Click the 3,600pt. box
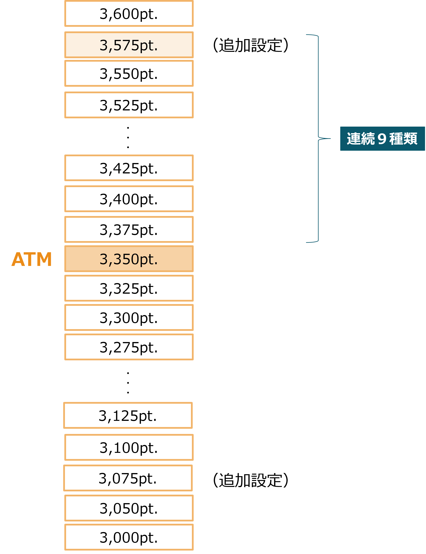point(129,14)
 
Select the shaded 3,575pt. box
point(129,45)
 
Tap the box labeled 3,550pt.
point(129,73)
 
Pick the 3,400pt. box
point(129,199)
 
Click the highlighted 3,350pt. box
point(129,259)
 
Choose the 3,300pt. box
point(129,317)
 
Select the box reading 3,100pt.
point(129,447)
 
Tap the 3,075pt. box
point(128,478)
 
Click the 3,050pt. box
point(129,508)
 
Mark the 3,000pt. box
point(129,537)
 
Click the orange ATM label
point(32,259)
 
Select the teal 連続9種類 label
point(382,139)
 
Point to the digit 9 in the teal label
point(382,139)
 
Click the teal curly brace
point(318,138)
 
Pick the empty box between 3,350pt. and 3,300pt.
point(129,288)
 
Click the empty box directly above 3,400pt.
point(129,168)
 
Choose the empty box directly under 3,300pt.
point(129,347)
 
